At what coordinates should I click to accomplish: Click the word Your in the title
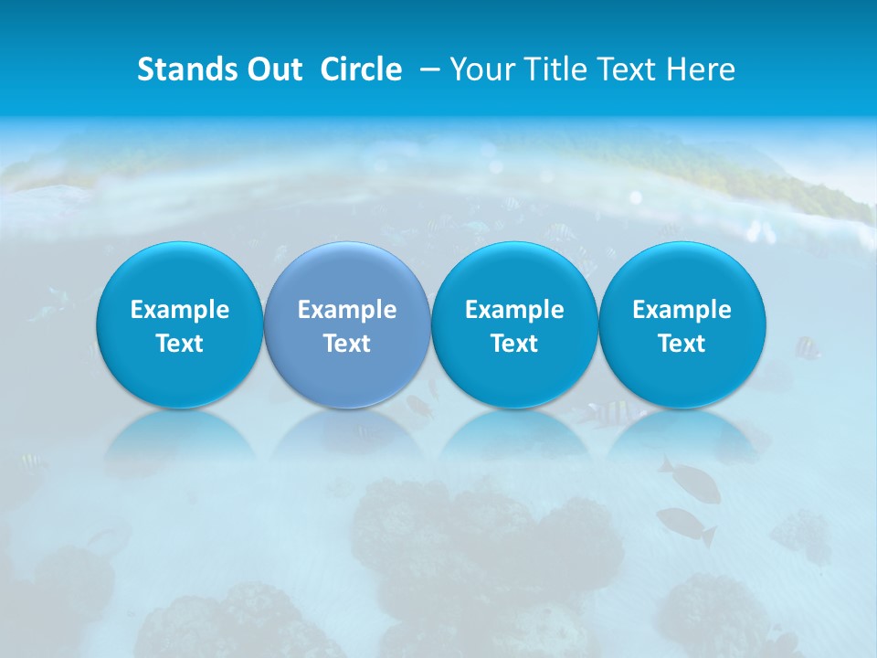[x=481, y=69]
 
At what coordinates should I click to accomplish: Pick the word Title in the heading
[x=551, y=69]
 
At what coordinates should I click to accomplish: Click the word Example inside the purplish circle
[x=347, y=310]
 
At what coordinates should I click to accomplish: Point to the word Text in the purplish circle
[x=347, y=344]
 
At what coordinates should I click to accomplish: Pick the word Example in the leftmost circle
[x=179, y=310]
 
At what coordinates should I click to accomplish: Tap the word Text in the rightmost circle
[x=682, y=344]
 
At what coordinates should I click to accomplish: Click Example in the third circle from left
[x=514, y=310]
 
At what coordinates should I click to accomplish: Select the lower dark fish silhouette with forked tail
[x=685, y=523]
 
